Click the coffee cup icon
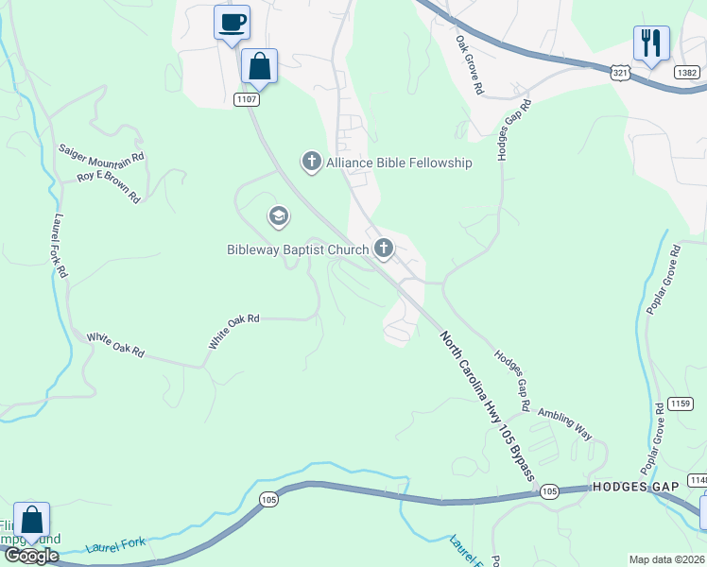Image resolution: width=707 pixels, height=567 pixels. point(232,22)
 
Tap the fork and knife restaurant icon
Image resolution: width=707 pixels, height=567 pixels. point(651,43)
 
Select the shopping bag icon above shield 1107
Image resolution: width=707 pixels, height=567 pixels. point(259,66)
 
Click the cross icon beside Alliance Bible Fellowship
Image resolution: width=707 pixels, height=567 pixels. point(311,163)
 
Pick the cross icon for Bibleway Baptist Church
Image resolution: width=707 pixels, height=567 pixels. point(383,249)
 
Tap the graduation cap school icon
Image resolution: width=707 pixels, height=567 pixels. point(278,217)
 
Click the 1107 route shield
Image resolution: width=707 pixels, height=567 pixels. point(247,99)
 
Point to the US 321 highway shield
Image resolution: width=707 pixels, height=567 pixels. point(620,72)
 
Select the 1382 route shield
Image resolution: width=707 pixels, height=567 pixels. point(687,72)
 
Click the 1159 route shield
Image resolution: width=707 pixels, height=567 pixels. point(680,404)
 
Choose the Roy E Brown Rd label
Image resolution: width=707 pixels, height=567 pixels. point(109,186)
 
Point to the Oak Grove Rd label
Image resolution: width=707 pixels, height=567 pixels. point(470,65)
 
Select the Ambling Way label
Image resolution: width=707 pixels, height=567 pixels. point(565,424)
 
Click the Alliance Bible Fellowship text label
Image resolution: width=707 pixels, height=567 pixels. point(398,163)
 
